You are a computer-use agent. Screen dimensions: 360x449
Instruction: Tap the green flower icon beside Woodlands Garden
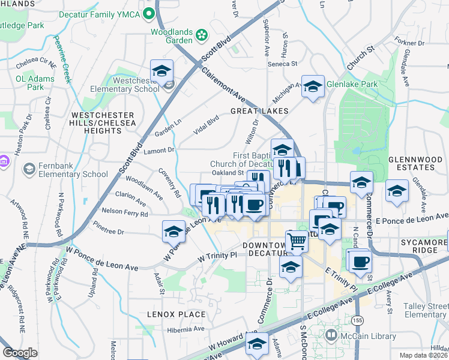(202, 35)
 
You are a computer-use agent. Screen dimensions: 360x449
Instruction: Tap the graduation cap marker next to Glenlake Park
(313, 87)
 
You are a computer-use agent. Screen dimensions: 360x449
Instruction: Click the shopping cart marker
(297, 242)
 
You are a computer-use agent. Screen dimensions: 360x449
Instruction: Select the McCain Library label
(362, 334)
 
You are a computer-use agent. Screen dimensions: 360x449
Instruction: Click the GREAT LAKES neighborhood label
(259, 111)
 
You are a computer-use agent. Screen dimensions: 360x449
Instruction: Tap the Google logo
(20, 353)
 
